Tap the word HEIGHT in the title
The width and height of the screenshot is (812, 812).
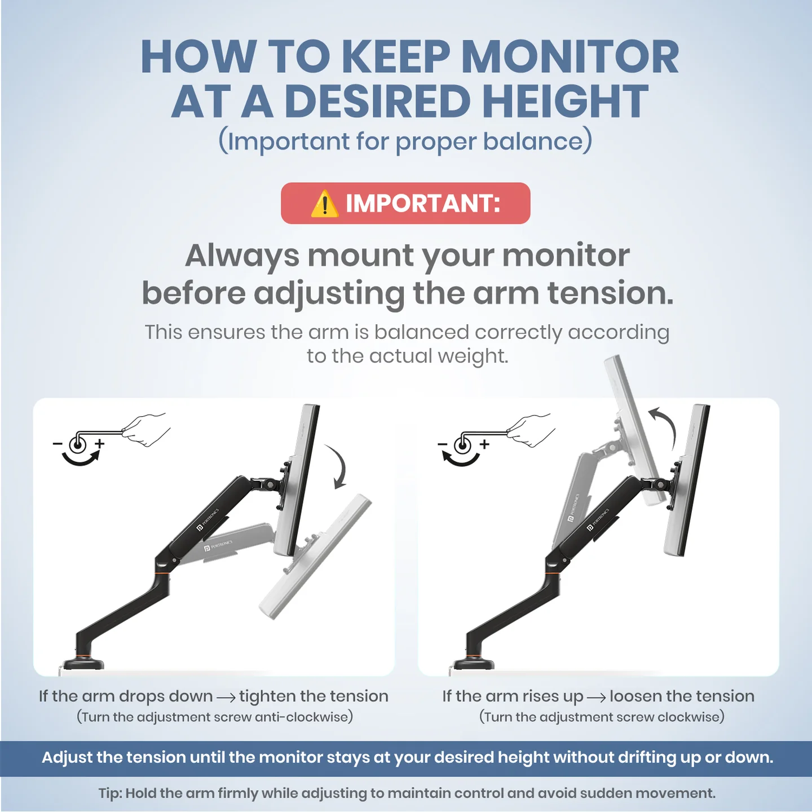[559, 101]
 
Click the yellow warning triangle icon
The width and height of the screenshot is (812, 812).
[324, 204]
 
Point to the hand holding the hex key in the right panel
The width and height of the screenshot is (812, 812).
[531, 429]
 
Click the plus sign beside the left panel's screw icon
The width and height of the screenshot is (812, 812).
[100, 444]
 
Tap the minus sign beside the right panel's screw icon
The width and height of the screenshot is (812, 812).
[442, 444]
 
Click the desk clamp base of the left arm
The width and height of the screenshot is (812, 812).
[83, 663]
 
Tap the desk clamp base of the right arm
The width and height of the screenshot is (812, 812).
[469, 663]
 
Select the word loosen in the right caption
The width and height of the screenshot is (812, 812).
[636, 696]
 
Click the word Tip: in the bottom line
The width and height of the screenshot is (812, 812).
[111, 793]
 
